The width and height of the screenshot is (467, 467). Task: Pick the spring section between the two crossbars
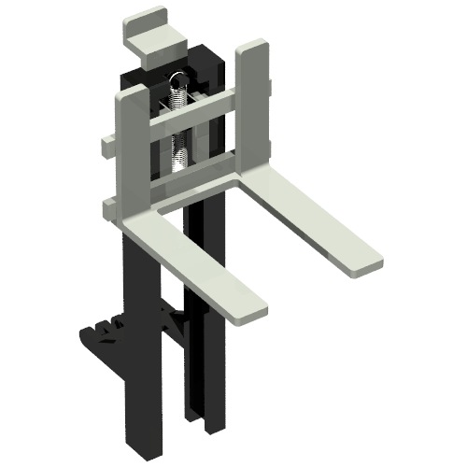click(x=181, y=149)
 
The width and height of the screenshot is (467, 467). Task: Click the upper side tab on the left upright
click(x=106, y=146)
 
